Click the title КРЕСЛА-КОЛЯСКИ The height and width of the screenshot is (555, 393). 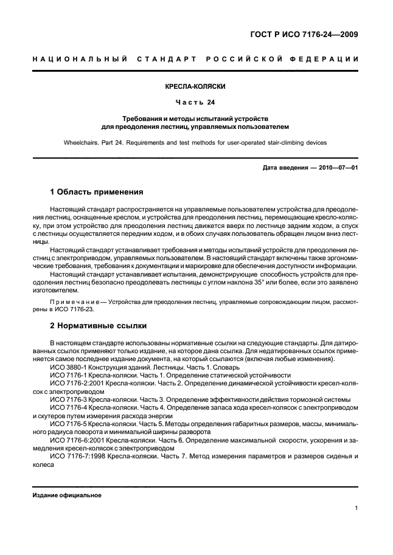tap(196, 86)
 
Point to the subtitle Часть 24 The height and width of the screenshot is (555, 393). tap(196, 102)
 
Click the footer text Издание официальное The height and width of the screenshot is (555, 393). tap(67, 495)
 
